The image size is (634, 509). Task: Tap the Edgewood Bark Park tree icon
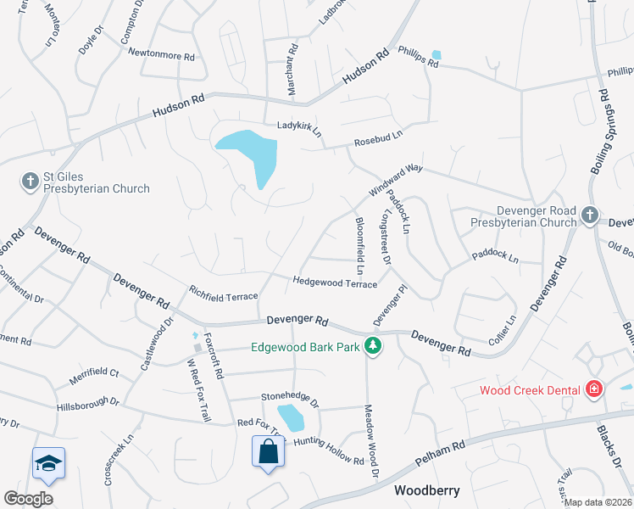click(x=371, y=345)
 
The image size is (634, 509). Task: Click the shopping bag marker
click(x=268, y=451)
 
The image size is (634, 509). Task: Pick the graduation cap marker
click(x=48, y=463)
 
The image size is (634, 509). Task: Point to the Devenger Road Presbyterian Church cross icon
click(x=590, y=215)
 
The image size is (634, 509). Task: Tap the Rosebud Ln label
click(x=378, y=139)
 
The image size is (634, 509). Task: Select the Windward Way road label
click(x=395, y=181)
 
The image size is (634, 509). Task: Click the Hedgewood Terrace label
click(x=335, y=282)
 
